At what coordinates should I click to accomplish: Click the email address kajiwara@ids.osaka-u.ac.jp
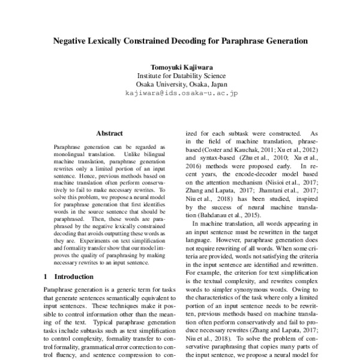(x=181, y=94)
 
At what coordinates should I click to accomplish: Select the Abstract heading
(x=109, y=133)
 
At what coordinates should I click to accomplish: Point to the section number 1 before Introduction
(x=46, y=277)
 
